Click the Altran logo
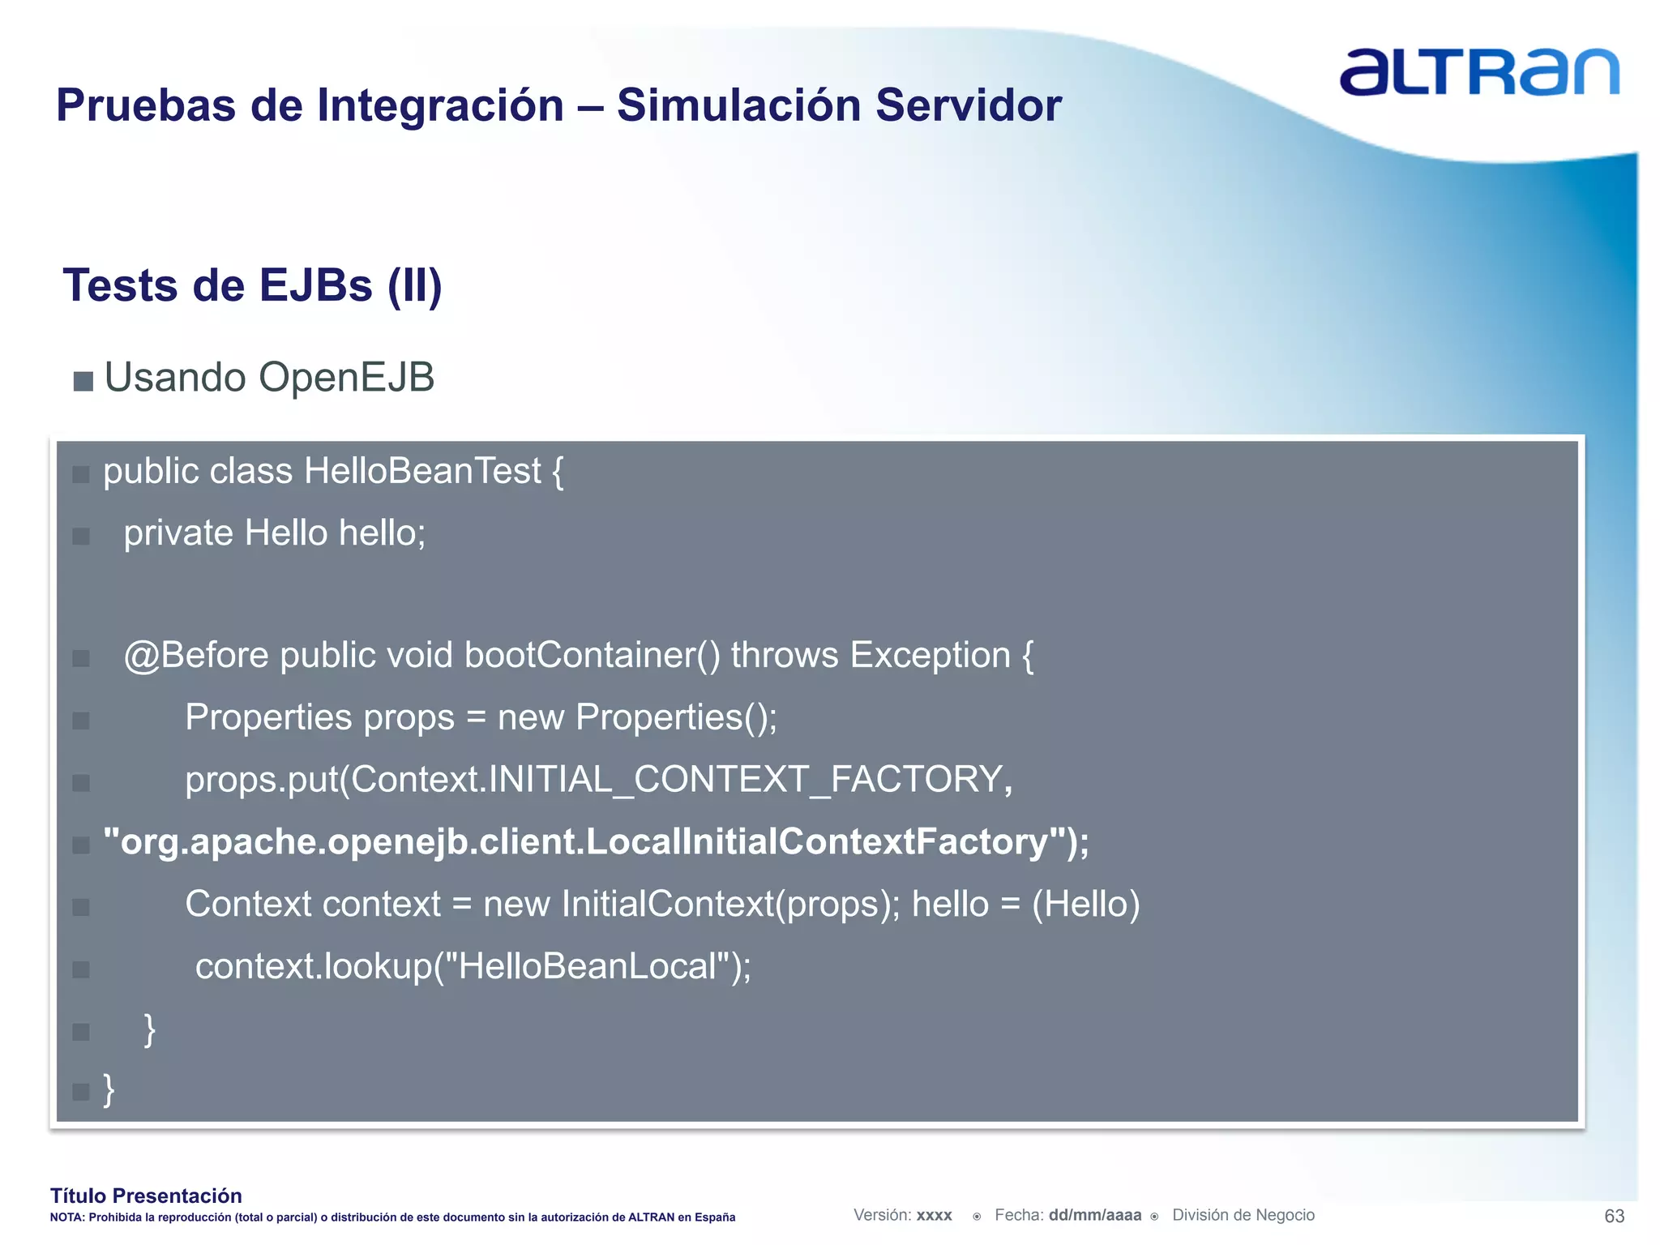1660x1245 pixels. [1478, 72]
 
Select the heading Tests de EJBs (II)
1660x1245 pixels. [252, 286]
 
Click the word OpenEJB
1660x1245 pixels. [346, 378]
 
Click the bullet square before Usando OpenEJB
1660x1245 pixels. [83, 381]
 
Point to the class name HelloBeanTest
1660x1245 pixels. [422, 472]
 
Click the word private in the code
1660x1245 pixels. [178, 534]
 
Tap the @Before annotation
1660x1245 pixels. [195, 656]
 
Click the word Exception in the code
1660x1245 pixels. [930, 656]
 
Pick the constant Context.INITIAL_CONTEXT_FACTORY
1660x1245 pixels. [677, 780]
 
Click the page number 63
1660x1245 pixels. [1614, 1216]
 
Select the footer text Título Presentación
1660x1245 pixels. [146, 1196]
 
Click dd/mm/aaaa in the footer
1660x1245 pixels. [1094, 1215]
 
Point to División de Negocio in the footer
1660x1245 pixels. [1243, 1215]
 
